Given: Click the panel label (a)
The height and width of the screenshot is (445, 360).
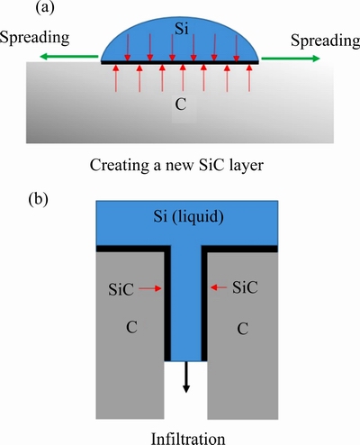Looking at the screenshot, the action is [x=45, y=8].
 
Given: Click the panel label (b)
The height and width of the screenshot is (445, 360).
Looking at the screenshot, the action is [x=38, y=200].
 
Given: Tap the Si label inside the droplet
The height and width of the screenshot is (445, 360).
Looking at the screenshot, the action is [x=182, y=29].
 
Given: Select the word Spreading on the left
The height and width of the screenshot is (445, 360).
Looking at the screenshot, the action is [x=34, y=38].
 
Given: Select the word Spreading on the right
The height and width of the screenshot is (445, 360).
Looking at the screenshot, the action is [x=325, y=41].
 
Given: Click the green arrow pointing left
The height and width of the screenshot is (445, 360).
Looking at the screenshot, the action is [x=69, y=56].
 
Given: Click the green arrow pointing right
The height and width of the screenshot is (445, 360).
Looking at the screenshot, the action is [x=291, y=59].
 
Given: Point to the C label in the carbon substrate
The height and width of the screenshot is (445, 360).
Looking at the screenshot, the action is [x=181, y=104].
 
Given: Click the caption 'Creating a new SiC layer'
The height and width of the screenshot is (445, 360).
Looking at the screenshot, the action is [x=176, y=165].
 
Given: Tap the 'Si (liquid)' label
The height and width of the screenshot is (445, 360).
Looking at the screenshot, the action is [x=188, y=216].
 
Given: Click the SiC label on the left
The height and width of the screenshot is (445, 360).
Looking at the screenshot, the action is [x=121, y=289].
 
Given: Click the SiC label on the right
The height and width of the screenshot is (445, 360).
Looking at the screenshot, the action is [x=245, y=287].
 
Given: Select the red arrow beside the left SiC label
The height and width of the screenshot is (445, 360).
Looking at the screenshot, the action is [x=150, y=289].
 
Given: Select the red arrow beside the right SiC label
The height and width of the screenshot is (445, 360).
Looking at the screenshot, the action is [x=219, y=287].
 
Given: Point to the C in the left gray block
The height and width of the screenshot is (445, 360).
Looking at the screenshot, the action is [x=131, y=327].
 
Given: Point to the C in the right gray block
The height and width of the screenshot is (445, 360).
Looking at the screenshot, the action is [x=243, y=329].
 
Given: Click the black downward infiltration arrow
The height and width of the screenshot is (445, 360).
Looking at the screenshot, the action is [x=186, y=377].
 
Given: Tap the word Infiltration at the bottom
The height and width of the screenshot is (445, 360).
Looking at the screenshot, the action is [x=188, y=439].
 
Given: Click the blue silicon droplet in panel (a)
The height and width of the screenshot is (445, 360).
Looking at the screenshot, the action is [x=179, y=42].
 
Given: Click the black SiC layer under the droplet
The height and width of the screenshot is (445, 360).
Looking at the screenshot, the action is [x=179, y=62].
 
